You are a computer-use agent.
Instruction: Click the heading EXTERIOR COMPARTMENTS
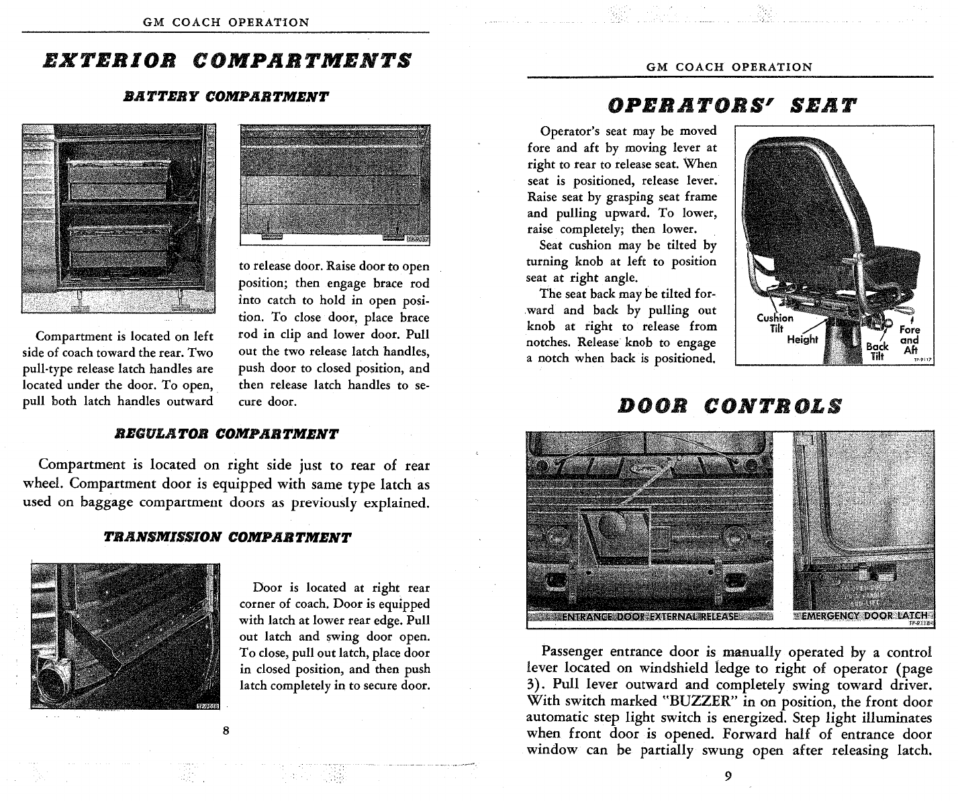[228, 61]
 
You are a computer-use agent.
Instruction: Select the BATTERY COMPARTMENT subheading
[226, 97]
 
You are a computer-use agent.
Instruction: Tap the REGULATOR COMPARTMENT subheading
[226, 434]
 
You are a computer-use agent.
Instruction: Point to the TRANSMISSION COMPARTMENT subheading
[227, 537]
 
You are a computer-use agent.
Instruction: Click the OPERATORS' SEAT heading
[732, 105]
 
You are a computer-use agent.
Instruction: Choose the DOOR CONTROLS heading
[730, 407]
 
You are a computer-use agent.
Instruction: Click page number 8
[226, 731]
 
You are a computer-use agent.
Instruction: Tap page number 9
[728, 776]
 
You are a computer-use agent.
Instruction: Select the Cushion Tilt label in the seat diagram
[775, 323]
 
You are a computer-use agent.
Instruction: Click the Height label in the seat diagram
[802, 339]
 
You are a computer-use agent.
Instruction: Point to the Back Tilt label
[877, 352]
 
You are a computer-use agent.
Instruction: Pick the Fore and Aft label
[910, 339]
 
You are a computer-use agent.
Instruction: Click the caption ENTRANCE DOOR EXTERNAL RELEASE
[650, 617]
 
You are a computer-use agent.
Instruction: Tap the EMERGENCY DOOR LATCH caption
[865, 615]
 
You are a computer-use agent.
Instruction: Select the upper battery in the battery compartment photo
[118, 180]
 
